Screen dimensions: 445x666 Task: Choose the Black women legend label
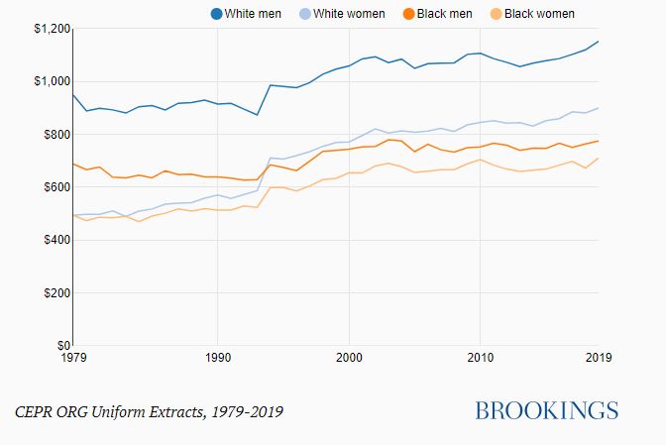click(539, 14)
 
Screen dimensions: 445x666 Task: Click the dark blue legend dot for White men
click(217, 14)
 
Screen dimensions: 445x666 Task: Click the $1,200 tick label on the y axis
click(47, 29)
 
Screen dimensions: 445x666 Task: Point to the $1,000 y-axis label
click(47, 81)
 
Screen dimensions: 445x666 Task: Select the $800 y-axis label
click(53, 135)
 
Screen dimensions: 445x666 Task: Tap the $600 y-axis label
click(53, 187)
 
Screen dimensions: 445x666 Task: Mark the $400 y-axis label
click(53, 241)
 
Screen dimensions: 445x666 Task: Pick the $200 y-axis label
click(53, 293)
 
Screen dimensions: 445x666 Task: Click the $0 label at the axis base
click(59, 345)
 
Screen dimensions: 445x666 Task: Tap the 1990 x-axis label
click(217, 357)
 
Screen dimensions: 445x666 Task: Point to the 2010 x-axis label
click(481, 357)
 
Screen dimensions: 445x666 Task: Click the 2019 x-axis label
click(599, 357)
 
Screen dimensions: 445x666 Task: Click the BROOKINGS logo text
click(546, 410)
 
